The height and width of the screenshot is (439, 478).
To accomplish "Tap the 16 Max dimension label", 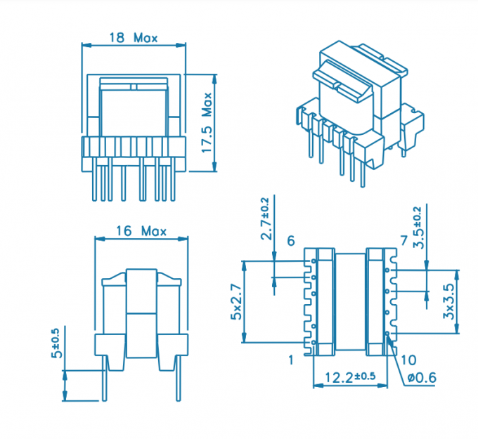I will (x=141, y=230).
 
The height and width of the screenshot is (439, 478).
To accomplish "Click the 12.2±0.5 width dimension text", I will (x=350, y=377).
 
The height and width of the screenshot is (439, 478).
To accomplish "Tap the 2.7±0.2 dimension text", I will (x=266, y=218).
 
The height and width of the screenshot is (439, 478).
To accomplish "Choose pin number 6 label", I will (x=290, y=242).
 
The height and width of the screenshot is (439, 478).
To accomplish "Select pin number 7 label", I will (x=403, y=242).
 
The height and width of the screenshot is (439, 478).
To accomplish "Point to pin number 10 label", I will (x=408, y=360).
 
